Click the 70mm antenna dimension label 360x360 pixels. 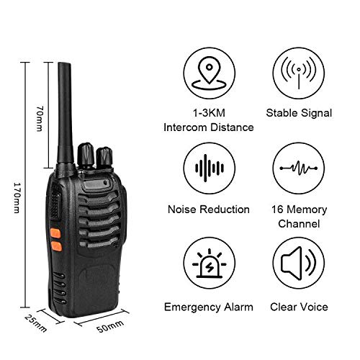coord(40,114)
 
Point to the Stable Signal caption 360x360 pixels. coord(298,113)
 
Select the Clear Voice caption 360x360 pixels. coord(298,307)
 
